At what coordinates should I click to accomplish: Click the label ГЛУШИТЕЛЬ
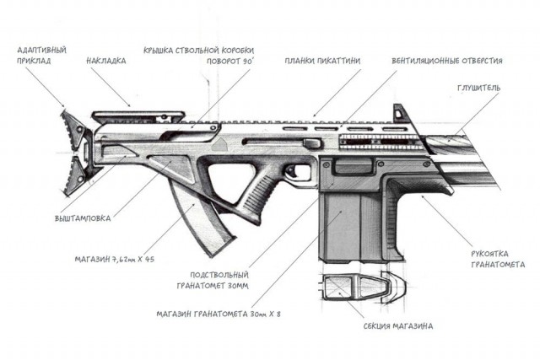(478, 88)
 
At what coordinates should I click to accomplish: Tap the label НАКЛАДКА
(106, 61)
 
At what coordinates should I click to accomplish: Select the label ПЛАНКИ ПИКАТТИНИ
(322, 61)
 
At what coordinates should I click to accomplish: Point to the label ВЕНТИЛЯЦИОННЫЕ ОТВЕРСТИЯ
(447, 61)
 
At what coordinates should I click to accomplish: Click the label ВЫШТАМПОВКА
(83, 218)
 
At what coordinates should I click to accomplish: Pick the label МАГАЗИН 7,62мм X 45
(115, 259)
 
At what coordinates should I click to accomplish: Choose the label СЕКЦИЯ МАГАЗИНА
(398, 325)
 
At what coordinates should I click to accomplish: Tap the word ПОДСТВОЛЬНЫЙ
(219, 275)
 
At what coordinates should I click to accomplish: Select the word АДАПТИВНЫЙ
(41, 51)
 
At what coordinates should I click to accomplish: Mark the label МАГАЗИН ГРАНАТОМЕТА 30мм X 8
(219, 314)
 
